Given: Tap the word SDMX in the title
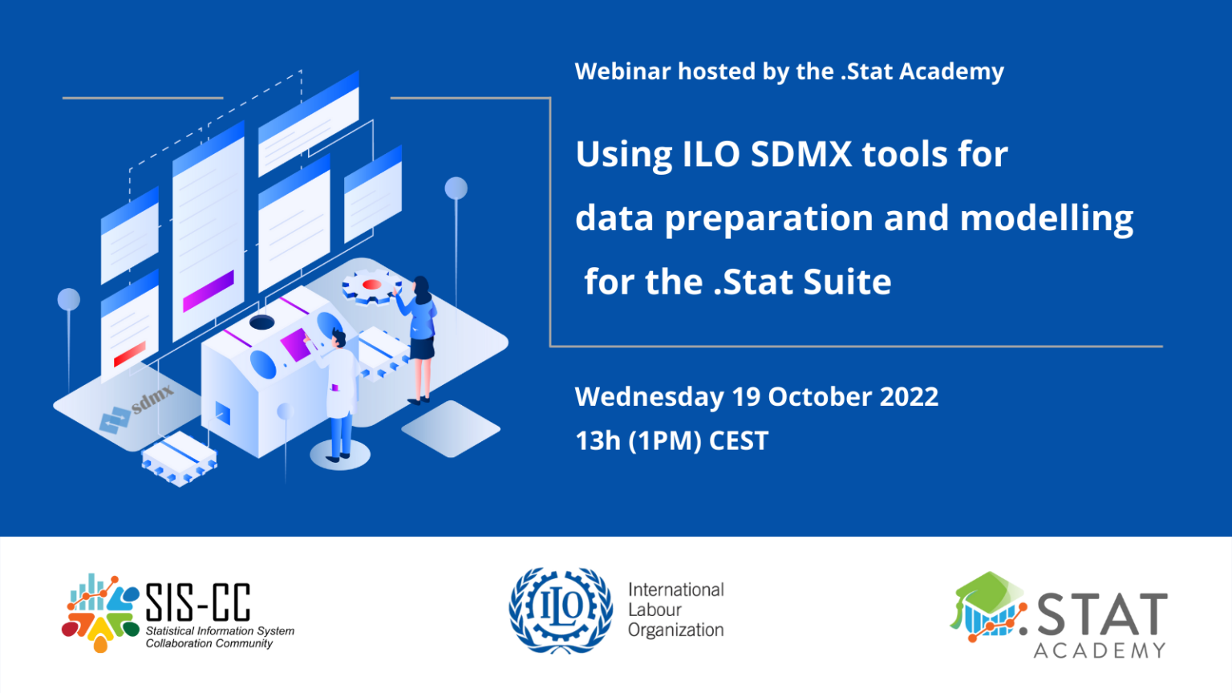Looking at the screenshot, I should pyautogui.click(x=800, y=154).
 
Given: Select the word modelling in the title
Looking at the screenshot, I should pyautogui.click(x=1046, y=218).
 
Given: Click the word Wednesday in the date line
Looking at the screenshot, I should pyautogui.click(x=649, y=397).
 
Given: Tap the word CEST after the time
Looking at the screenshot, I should pyautogui.click(x=738, y=441).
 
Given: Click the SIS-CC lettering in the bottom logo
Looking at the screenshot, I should pyautogui.click(x=197, y=602).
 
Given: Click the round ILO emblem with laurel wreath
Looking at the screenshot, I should pyautogui.click(x=561, y=610).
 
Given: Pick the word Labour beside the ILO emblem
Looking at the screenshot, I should pyautogui.click(x=654, y=610).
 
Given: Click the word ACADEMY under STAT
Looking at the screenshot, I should pyautogui.click(x=1099, y=650).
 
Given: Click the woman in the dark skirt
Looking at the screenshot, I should pyautogui.click(x=420, y=337).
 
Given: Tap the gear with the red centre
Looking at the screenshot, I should pyautogui.click(x=371, y=286).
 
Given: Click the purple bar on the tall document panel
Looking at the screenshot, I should pyautogui.click(x=208, y=291).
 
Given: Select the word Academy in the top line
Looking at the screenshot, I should pyautogui.click(x=951, y=71).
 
